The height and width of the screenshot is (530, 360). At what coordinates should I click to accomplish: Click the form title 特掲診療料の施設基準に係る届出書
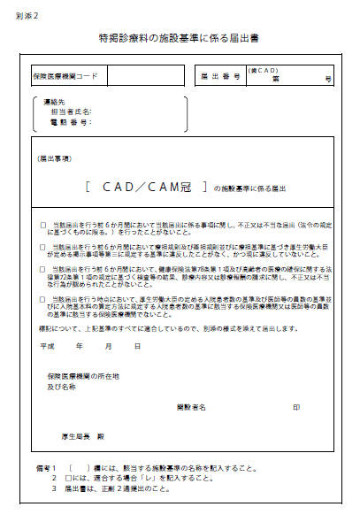point(180,41)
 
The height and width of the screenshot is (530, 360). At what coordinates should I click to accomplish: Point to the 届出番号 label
point(220,77)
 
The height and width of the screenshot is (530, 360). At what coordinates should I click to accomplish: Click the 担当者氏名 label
point(71,111)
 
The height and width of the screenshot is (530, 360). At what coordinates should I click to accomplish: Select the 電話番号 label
point(71,121)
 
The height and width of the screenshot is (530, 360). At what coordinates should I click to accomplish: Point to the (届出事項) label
point(55,158)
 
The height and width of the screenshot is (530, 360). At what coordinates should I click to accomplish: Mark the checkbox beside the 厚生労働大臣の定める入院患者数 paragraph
point(42,299)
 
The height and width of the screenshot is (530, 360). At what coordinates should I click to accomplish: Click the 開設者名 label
point(191,407)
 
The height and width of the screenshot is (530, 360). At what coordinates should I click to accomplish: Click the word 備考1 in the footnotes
point(45,466)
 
